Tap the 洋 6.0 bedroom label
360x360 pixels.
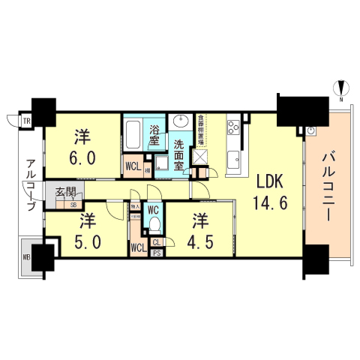(x=82, y=148)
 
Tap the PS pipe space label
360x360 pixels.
(x=157, y=253)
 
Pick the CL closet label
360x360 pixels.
(x=157, y=242)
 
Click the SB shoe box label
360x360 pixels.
(x=73, y=204)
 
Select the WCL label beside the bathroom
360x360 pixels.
(x=133, y=166)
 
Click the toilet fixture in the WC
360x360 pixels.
(x=155, y=225)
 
